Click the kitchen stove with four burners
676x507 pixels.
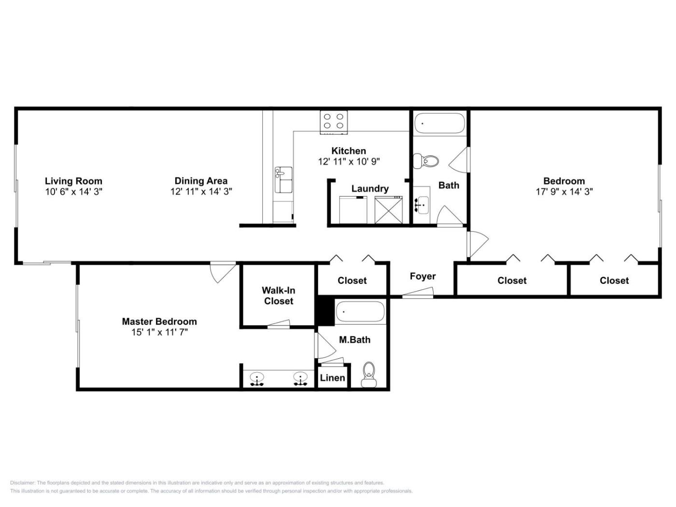[x=334, y=122]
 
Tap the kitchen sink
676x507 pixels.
[x=283, y=180]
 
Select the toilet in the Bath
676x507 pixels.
[x=426, y=161]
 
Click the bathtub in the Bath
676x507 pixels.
[x=439, y=123]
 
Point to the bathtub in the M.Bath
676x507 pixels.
[x=360, y=311]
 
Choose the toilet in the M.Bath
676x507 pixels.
[x=368, y=374]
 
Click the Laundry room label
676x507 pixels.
[x=370, y=188]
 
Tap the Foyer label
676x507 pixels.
[x=422, y=276]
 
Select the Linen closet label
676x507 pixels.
[x=332, y=378]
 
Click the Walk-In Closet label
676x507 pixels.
[x=279, y=296]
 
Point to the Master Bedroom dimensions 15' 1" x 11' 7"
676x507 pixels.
[x=159, y=333]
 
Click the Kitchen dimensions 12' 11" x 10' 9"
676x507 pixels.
[x=349, y=161]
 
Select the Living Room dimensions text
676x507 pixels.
[x=73, y=192]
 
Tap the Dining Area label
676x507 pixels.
[x=201, y=181]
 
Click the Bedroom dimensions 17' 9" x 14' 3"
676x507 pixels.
[x=564, y=192]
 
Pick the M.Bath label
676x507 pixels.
[x=354, y=339]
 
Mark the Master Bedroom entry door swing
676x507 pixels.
[x=223, y=272]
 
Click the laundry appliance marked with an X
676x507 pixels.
[x=388, y=211]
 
